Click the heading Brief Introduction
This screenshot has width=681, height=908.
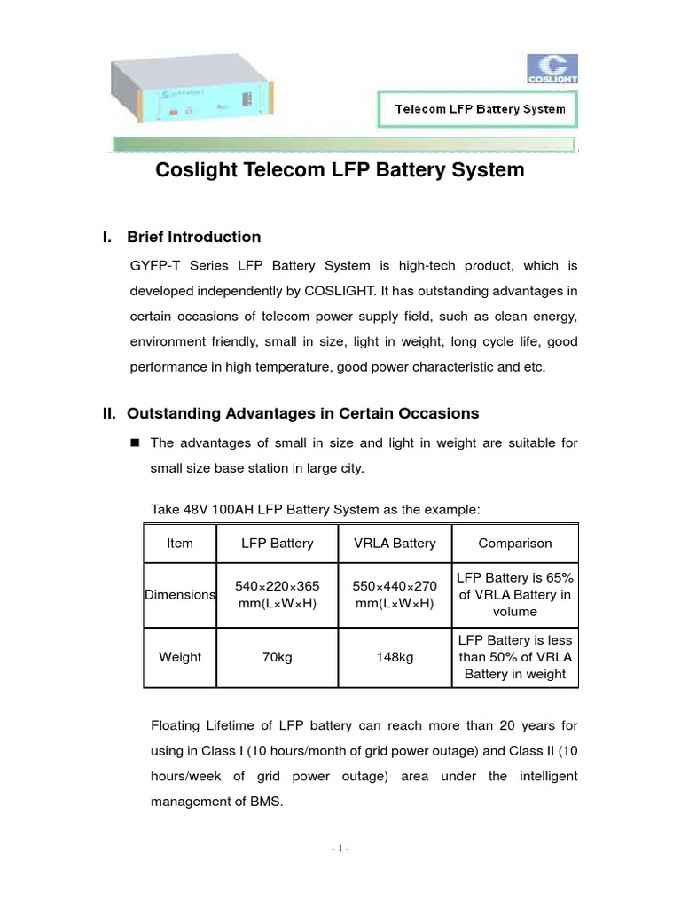(x=193, y=237)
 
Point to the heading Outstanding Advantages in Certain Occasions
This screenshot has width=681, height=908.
(x=302, y=413)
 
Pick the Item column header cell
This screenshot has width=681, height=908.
(x=180, y=544)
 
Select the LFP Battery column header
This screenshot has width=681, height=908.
(x=278, y=544)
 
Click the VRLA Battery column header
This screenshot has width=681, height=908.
(x=395, y=544)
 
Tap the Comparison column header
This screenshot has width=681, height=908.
(x=515, y=544)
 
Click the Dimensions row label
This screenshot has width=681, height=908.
(x=180, y=595)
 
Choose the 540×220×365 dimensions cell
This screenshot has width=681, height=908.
(x=278, y=595)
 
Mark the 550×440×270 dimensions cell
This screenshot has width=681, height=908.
(x=395, y=595)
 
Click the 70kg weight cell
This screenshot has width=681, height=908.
(x=278, y=657)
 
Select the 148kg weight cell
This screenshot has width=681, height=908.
(x=395, y=657)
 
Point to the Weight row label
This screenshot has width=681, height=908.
(x=180, y=657)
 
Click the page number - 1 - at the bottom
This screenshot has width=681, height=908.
(x=340, y=849)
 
